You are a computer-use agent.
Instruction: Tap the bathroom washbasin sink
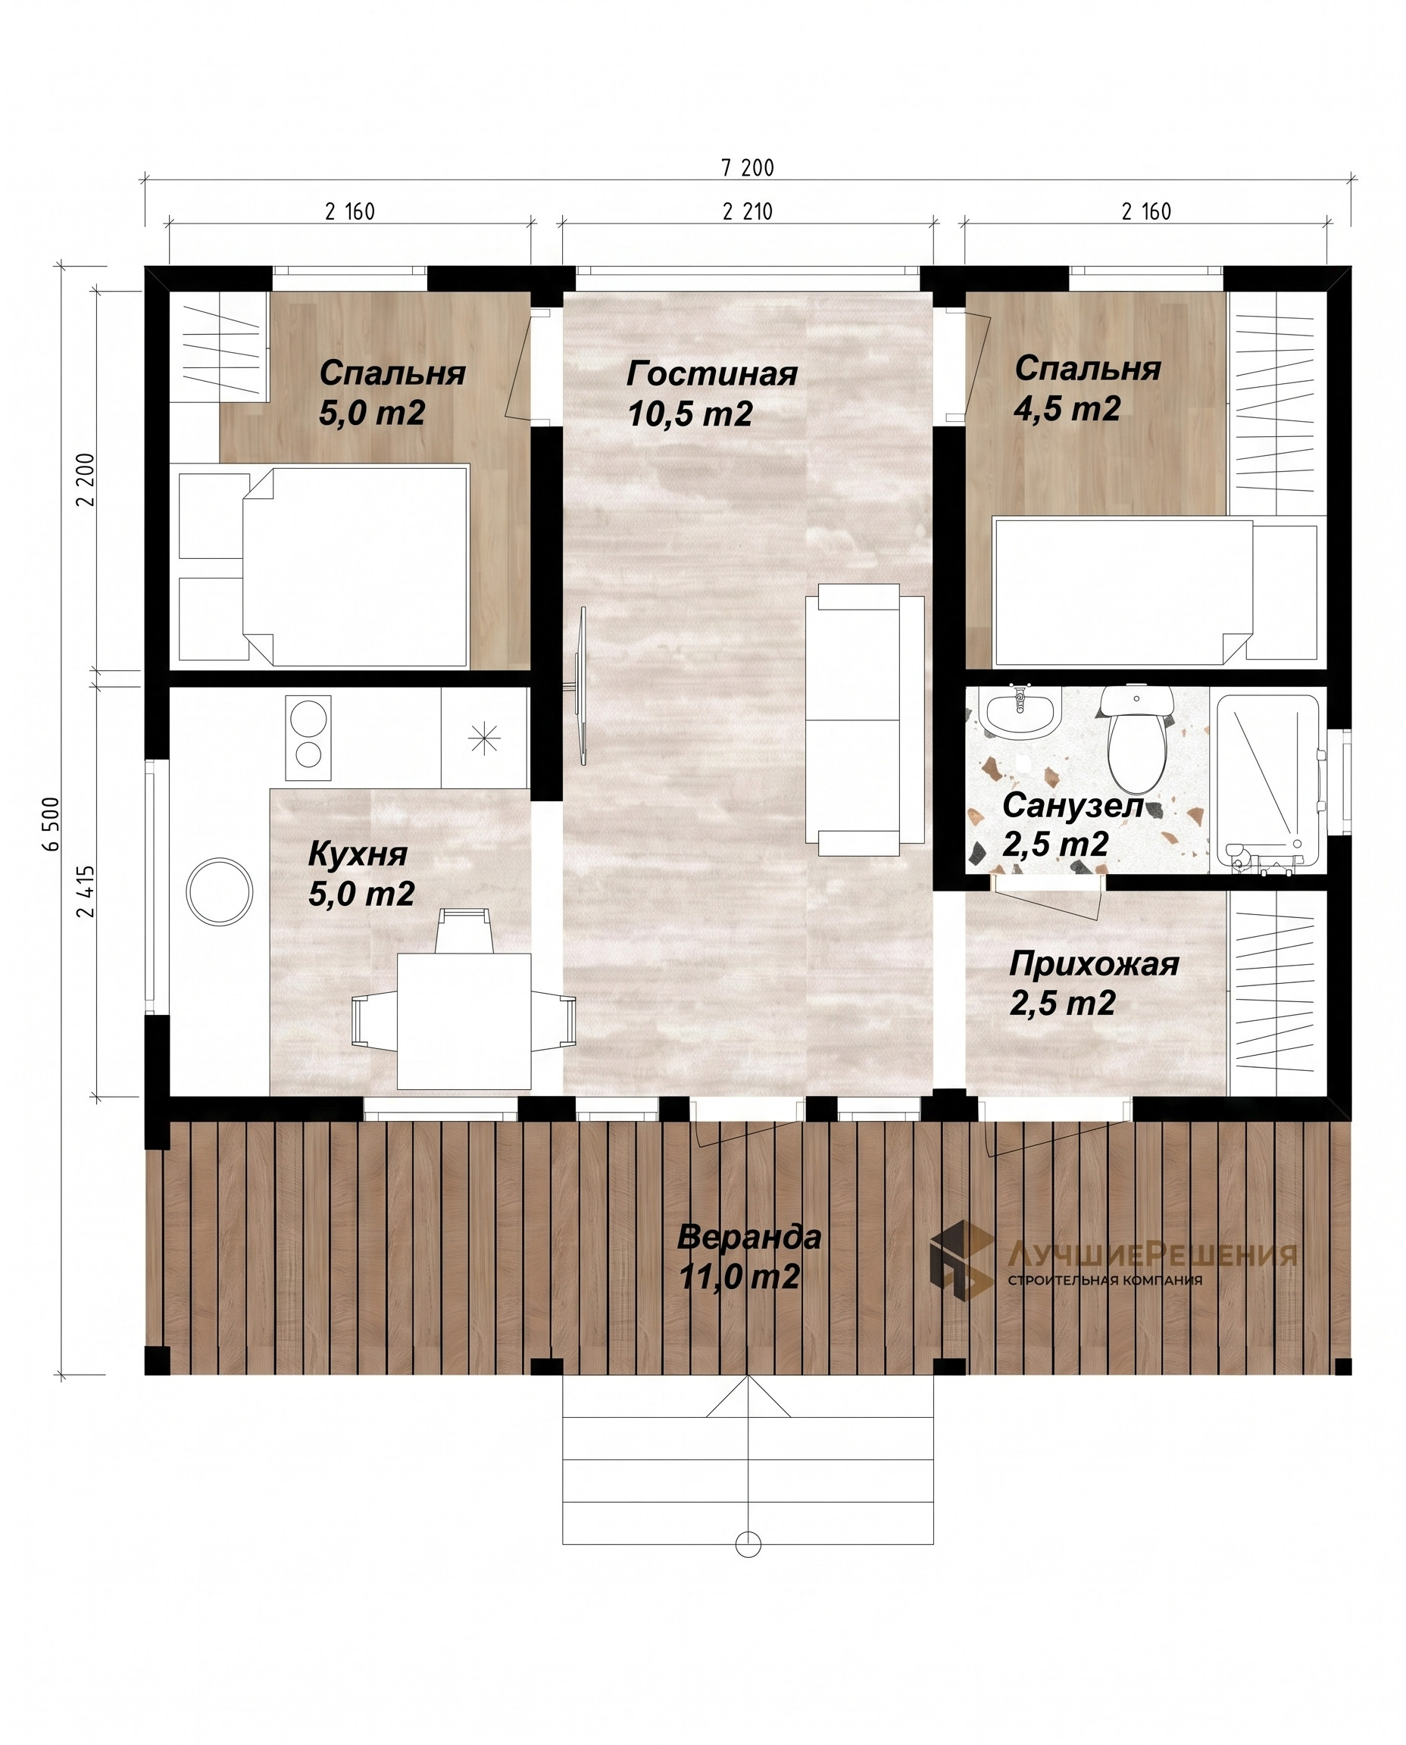(x=1020, y=712)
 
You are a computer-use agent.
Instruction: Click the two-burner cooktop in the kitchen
(x=308, y=737)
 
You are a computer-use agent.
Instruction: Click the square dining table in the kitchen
(x=464, y=1021)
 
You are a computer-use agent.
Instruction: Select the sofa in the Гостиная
(x=864, y=720)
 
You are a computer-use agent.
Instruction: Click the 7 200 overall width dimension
(x=748, y=167)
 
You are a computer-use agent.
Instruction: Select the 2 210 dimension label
(x=748, y=211)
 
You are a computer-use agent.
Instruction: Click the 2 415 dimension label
(x=86, y=891)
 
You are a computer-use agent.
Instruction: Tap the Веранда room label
(x=749, y=1237)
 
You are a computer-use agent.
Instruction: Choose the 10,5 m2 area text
(x=690, y=414)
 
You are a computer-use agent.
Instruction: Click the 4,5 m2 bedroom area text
(x=1067, y=409)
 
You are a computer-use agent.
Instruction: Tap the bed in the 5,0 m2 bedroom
(x=323, y=566)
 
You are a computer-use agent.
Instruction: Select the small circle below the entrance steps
(x=748, y=1544)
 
